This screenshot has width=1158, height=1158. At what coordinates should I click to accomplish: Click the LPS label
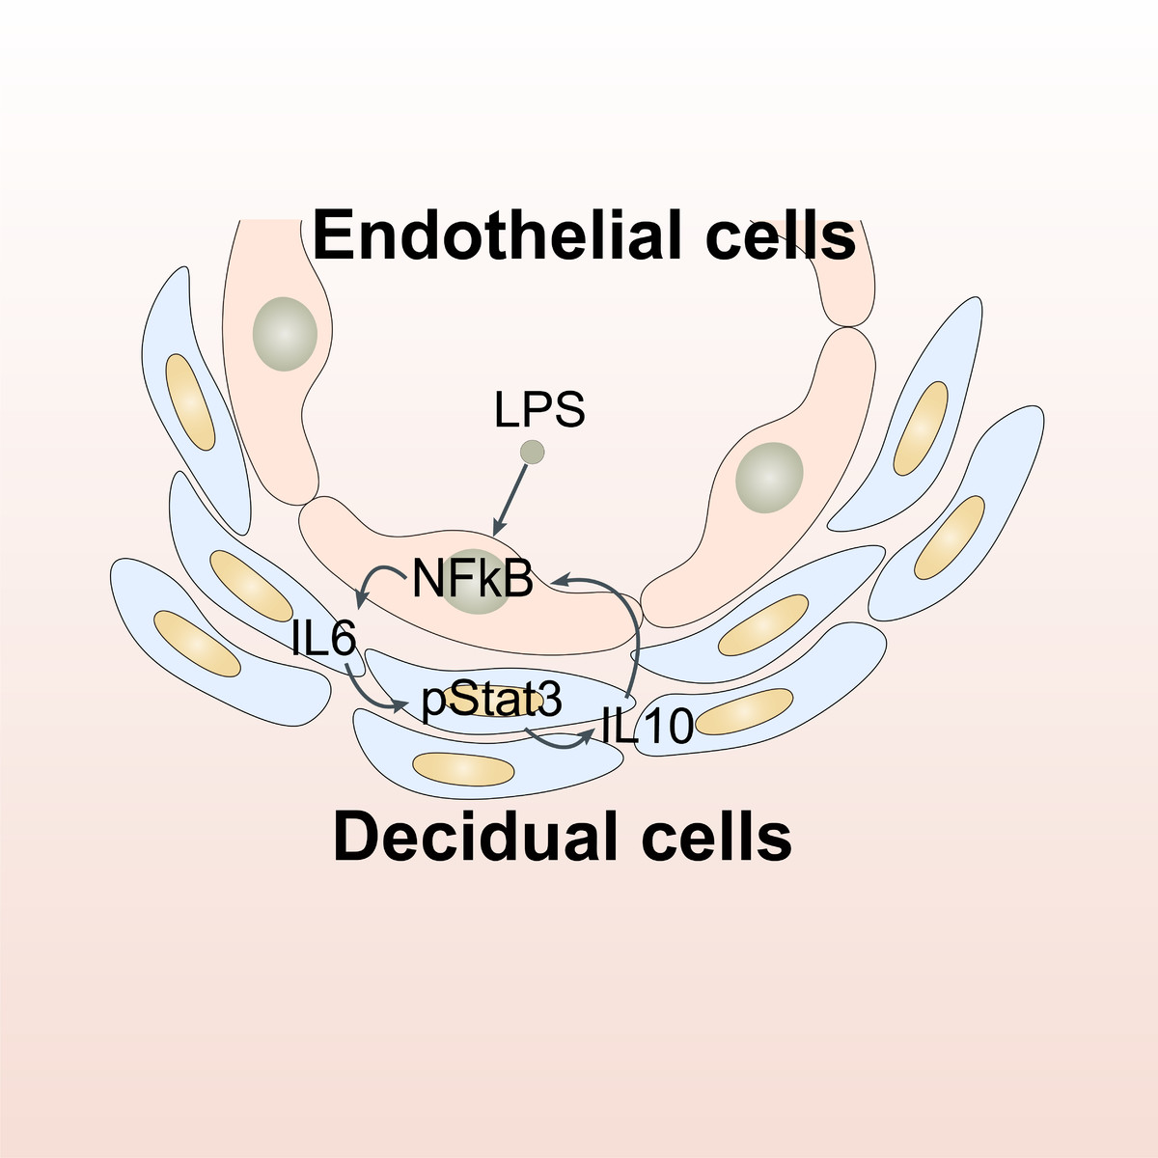(x=539, y=410)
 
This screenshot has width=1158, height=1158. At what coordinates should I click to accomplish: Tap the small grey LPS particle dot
(x=532, y=452)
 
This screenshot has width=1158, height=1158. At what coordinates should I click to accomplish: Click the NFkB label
(x=473, y=579)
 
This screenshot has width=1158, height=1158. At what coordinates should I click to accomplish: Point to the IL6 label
(x=324, y=639)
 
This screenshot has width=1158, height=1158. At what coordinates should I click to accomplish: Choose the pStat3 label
(x=491, y=702)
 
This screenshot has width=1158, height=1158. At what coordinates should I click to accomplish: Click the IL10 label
(x=647, y=726)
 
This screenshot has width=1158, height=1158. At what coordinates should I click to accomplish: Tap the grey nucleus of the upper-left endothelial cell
(x=285, y=334)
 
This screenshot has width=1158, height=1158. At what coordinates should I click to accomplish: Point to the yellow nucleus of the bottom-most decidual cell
(x=463, y=768)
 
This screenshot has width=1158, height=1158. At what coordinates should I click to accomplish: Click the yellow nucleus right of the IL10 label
(x=744, y=712)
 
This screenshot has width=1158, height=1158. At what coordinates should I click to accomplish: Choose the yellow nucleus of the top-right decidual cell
(x=922, y=427)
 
